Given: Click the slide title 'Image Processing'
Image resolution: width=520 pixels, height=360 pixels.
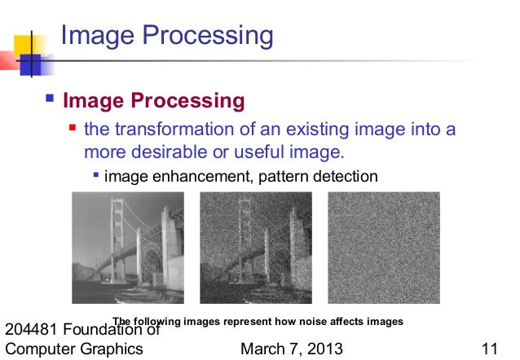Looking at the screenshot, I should click(x=167, y=36).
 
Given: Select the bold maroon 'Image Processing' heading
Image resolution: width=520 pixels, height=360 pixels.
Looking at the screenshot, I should click(x=153, y=101).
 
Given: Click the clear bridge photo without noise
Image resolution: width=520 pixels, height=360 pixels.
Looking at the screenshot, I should click(x=128, y=247).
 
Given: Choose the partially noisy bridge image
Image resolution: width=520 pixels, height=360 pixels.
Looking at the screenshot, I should click(x=256, y=247).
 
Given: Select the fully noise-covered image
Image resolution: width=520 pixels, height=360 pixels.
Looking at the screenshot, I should click(x=383, y=247).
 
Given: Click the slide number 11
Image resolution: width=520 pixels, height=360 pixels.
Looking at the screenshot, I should click(x=490, y=349).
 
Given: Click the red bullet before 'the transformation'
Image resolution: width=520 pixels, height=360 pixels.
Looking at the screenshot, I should click(x=74, y=128).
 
